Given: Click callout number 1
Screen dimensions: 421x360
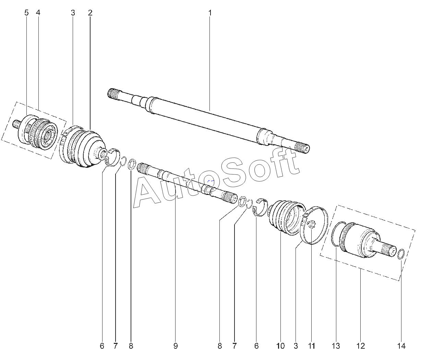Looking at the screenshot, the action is (210, 13).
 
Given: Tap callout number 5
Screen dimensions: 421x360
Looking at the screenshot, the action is (26, 13).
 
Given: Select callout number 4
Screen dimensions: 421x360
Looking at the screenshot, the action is (38, 13).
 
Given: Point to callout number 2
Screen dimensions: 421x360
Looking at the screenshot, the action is (90, 13).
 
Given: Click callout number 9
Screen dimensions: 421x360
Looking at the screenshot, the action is (175, 346).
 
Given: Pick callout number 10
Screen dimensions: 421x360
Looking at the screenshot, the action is (280, 346).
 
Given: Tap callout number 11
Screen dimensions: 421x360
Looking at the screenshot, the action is (311, 346).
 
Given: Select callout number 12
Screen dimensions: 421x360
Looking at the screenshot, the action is (361, 346).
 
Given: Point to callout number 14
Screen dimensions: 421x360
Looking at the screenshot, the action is (401, 346).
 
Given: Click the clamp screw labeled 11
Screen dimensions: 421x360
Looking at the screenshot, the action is (311, 225).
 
